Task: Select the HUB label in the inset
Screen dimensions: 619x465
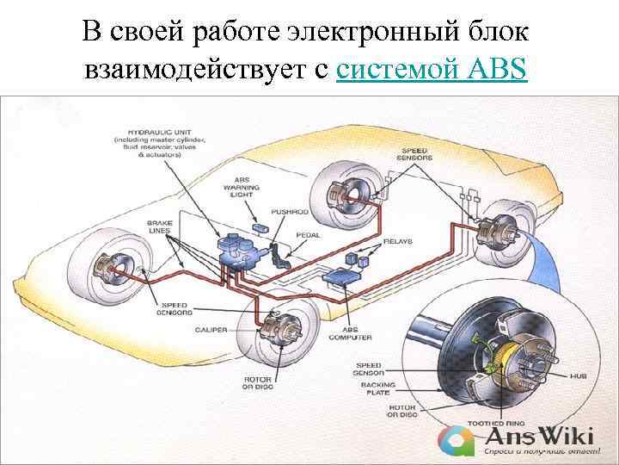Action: coord(578,376)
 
